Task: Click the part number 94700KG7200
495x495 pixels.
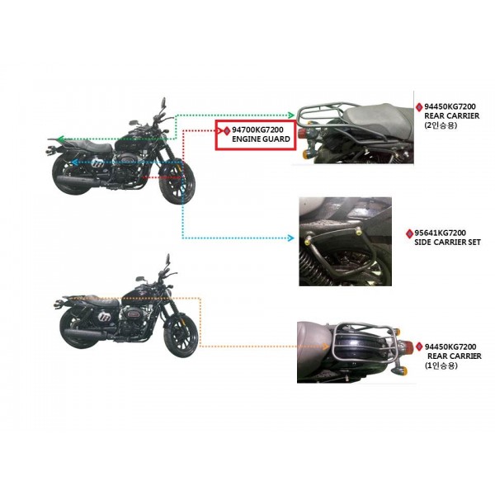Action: point(257,130)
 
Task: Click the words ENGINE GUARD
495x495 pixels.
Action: point(261,139)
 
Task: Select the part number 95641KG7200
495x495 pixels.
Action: point(440,233)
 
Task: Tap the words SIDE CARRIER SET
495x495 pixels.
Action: point(447,243)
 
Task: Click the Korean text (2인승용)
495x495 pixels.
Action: point(441,125)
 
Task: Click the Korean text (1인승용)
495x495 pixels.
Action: point(441,365)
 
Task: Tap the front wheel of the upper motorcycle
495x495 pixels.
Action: point(177,184)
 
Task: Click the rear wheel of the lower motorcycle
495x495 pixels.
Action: point(77,328)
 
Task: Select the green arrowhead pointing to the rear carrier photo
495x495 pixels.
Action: point(291,115)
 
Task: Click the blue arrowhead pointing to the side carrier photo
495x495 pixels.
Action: point(290,238)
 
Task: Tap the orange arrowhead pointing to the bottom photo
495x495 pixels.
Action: point(326,346)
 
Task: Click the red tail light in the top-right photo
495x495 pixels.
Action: point(304,130)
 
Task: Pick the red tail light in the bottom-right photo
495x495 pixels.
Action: point(408,345)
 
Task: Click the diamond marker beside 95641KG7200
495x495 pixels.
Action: point(409,233)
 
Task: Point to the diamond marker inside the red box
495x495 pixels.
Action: point(227,130)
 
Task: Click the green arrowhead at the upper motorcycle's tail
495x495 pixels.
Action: point(61,139)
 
